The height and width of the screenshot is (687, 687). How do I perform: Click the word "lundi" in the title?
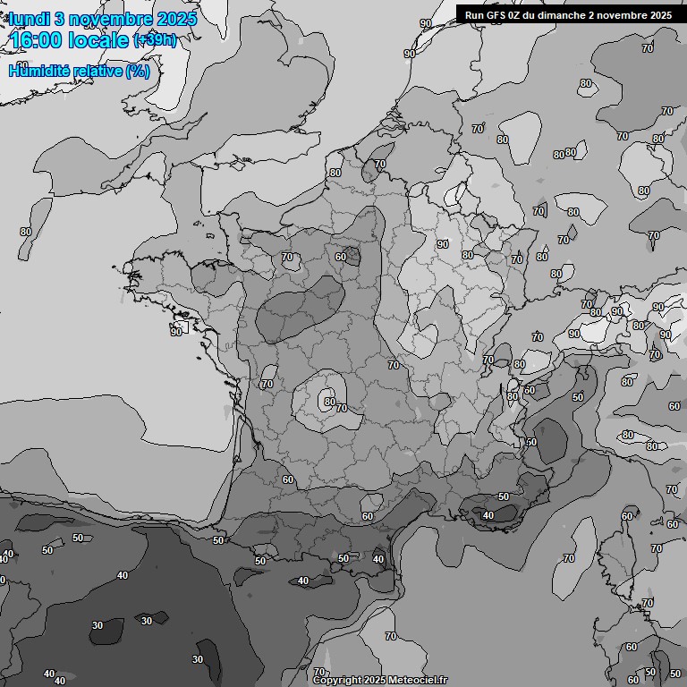[x=30, y=19]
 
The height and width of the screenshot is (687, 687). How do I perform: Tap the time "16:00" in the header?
[x=38, y=40]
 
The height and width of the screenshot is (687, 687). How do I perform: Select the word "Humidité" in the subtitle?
[x=40, y=71]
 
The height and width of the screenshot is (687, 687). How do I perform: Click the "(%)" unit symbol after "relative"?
[x=138, y=71]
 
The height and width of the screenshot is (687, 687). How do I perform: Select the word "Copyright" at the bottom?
[x=337, y=680]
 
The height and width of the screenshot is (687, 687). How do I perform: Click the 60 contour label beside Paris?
[x=341, y=257]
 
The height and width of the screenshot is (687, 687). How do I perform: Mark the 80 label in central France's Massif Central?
[x=330, y=403]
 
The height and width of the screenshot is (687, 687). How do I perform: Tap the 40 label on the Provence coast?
[x=488, y=515]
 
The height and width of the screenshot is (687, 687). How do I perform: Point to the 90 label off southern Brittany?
[x=176, y=332]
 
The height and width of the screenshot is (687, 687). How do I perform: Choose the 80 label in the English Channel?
[x=335, y=173]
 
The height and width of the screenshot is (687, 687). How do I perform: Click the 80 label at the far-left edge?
[x=26, y=232]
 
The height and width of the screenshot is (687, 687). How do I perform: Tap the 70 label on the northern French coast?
[x=380, y=164]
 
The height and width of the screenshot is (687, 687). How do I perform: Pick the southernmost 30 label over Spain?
[x=198, y=659]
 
